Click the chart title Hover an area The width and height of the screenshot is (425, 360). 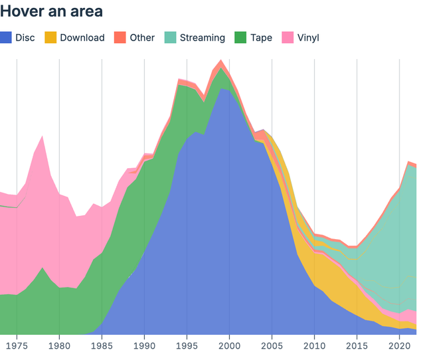(x=51, y=11)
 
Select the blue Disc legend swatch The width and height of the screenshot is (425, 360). (x=6, y=38)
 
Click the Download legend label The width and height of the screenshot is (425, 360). (x=82, y=38)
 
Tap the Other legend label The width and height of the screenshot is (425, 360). (x=142, y=38)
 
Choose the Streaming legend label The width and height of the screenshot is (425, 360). (x=203, y=38)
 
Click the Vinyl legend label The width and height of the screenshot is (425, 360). (x=308, y=38)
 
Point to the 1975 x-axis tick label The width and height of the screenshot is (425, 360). (x=17, y=346)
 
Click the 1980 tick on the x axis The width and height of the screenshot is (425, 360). (x=59, y=346)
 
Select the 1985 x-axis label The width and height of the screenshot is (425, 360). (x=102, y=346)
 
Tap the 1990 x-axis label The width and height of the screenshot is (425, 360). (x=144, y=346)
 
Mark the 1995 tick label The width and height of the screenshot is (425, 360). (x=187, y=346)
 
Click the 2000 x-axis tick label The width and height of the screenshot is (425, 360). (x=229, y=346)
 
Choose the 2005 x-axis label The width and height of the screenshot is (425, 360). (x=272, y=346)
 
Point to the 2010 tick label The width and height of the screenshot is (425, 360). (x=314, y=346)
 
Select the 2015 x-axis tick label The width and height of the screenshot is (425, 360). (x=357, y=346)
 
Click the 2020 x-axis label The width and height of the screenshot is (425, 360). (x=399, y=346)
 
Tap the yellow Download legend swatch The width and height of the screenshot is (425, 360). (x=50, y=38)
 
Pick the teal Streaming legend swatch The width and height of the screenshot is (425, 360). (x=170, y=38)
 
